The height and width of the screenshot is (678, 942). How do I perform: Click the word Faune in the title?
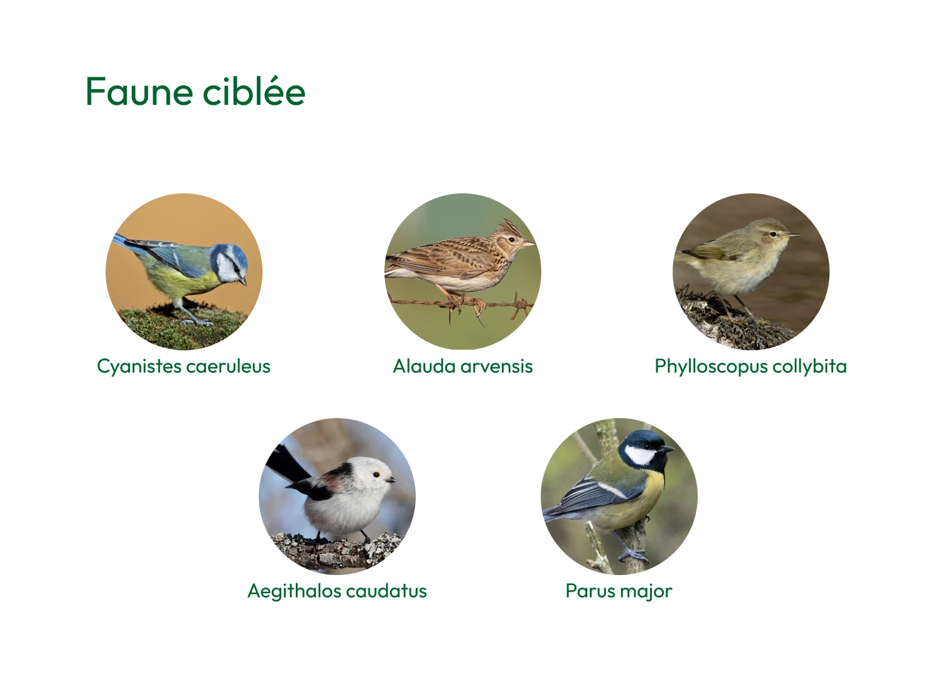pyautogui.click(x=139, y=91)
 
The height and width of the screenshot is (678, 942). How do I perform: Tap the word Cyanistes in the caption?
pyautogui.click(x=139, y=367)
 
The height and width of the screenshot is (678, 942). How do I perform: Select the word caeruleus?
pyautogui.click(x=229, y=367)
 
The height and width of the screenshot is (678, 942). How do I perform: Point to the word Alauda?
pyautogui.click(x=425, y=366)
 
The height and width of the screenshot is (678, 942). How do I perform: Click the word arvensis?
pyautogui.click(x=497, y=366)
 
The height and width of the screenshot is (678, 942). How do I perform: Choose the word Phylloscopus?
pyautogui.click(x=711, y=367)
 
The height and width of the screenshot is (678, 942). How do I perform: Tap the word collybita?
pyautogui.click(x=809, y=367)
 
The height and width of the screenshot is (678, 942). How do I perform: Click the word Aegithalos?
pyautogui.click(x=293, y=591)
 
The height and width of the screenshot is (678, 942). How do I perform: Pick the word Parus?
pyautogui.click(x=588, y=591)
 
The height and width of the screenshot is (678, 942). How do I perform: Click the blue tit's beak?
pyautogui.click(x=242, y=281)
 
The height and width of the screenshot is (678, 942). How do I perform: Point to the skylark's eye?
pyautogui.click(x=511, y=239)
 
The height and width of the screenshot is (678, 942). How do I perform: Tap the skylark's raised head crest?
pyautogui.click(x=507, y=227)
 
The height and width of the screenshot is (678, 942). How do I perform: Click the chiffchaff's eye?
pyautogui.click(x=773, y=234)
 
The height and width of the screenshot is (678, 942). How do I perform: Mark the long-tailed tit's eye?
pyautogui.click(x=376, y=475)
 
